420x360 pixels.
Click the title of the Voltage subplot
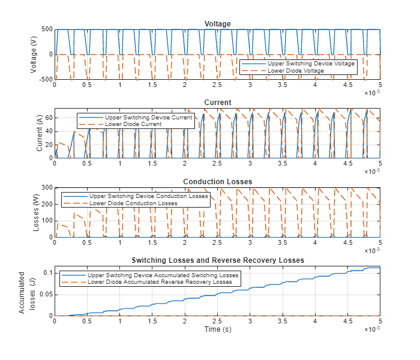pyautogui.click(x=217, y=24)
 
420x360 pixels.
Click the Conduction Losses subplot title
pyautogui.click(x=217, y=181)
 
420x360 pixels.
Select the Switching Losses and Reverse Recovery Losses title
pyautogui.click(x=217, y=260)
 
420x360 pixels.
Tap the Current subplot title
pyautogui.click(x=217, y=103)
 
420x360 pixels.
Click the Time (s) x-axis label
pyautogui.click(x=217, y=329)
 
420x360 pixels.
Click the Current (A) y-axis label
pyautogui.click(x=40, y=133)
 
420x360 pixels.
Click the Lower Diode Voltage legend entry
pyautogui.click(x=295, y=71)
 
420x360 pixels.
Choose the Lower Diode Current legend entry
pyautogui.click(x=133, y=124)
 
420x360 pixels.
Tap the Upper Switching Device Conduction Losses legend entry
pyautogui.click(x=148, y=196)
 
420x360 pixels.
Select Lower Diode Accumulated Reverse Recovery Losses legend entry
pyautogui.click(x=160, y=282)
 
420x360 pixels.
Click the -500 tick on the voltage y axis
pyautogui.click(x=45, y=79)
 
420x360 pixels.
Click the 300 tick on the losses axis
pyautogui.click(x=46, y=187)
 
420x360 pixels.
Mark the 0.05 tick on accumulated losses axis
pyautogui.click(x=44, y=294)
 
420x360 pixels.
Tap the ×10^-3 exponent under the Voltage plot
pyautogui.click(x=373, y=93)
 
